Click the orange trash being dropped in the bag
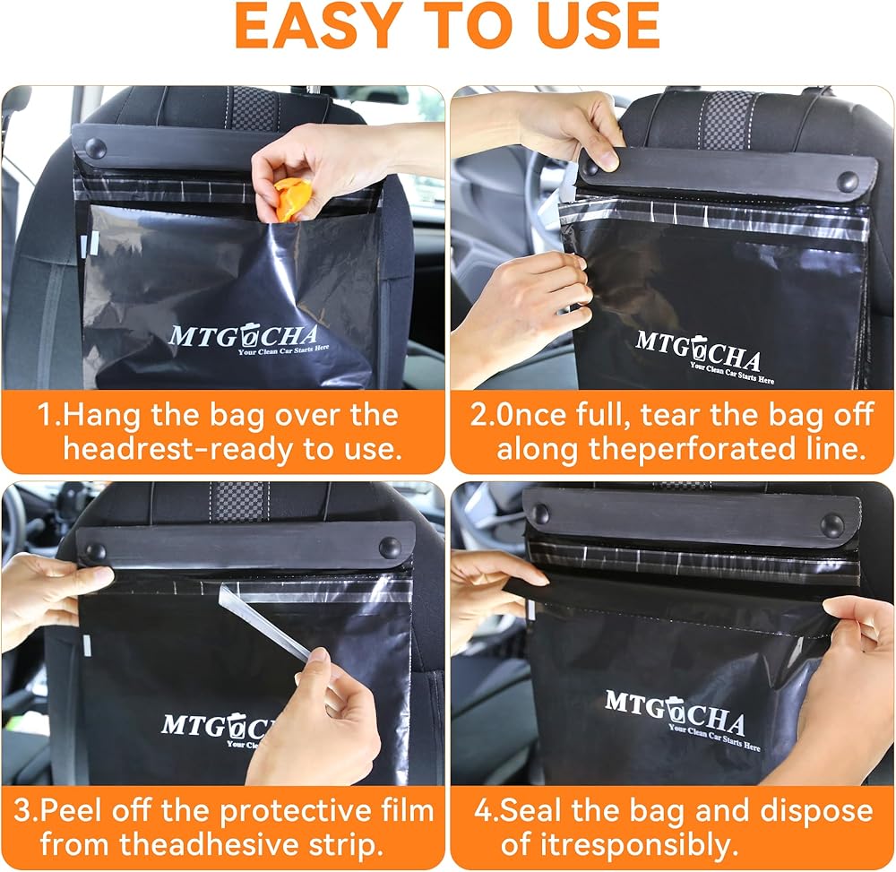point(293,200)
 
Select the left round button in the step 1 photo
point(96,149)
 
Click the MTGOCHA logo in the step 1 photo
point(248,340)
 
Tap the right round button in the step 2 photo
point(847,182)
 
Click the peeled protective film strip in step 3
point(266,622)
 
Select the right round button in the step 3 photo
point(391,548)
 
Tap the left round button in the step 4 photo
point(540,514)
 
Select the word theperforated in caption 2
point(692,449)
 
